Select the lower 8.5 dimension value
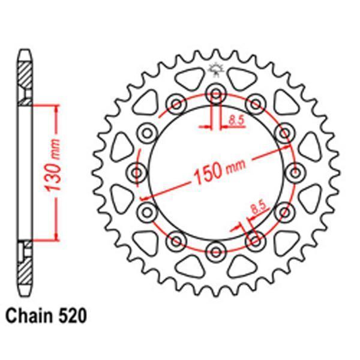pyautogui.click(x=258, y=209)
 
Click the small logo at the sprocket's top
pyautogui.click(x=214, y=70)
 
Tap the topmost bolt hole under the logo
pyautogui.click(x=214, y=92)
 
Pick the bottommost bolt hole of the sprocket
pyautogui.click(x=214, y=250)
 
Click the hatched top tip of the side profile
pyautogui.click(x=23, y=72)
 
